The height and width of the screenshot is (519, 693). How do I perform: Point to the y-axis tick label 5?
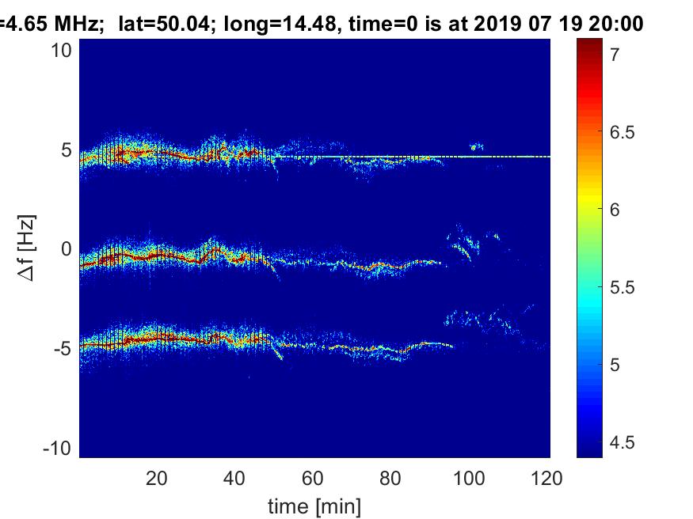click(67, 150)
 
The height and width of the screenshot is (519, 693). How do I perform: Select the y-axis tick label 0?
click(67, 249)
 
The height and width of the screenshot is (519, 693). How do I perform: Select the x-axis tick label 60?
click(314, 478)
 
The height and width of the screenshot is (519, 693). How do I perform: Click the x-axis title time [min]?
click(314, 505)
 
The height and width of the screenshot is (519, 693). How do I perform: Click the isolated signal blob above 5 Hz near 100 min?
click(475, 146)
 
